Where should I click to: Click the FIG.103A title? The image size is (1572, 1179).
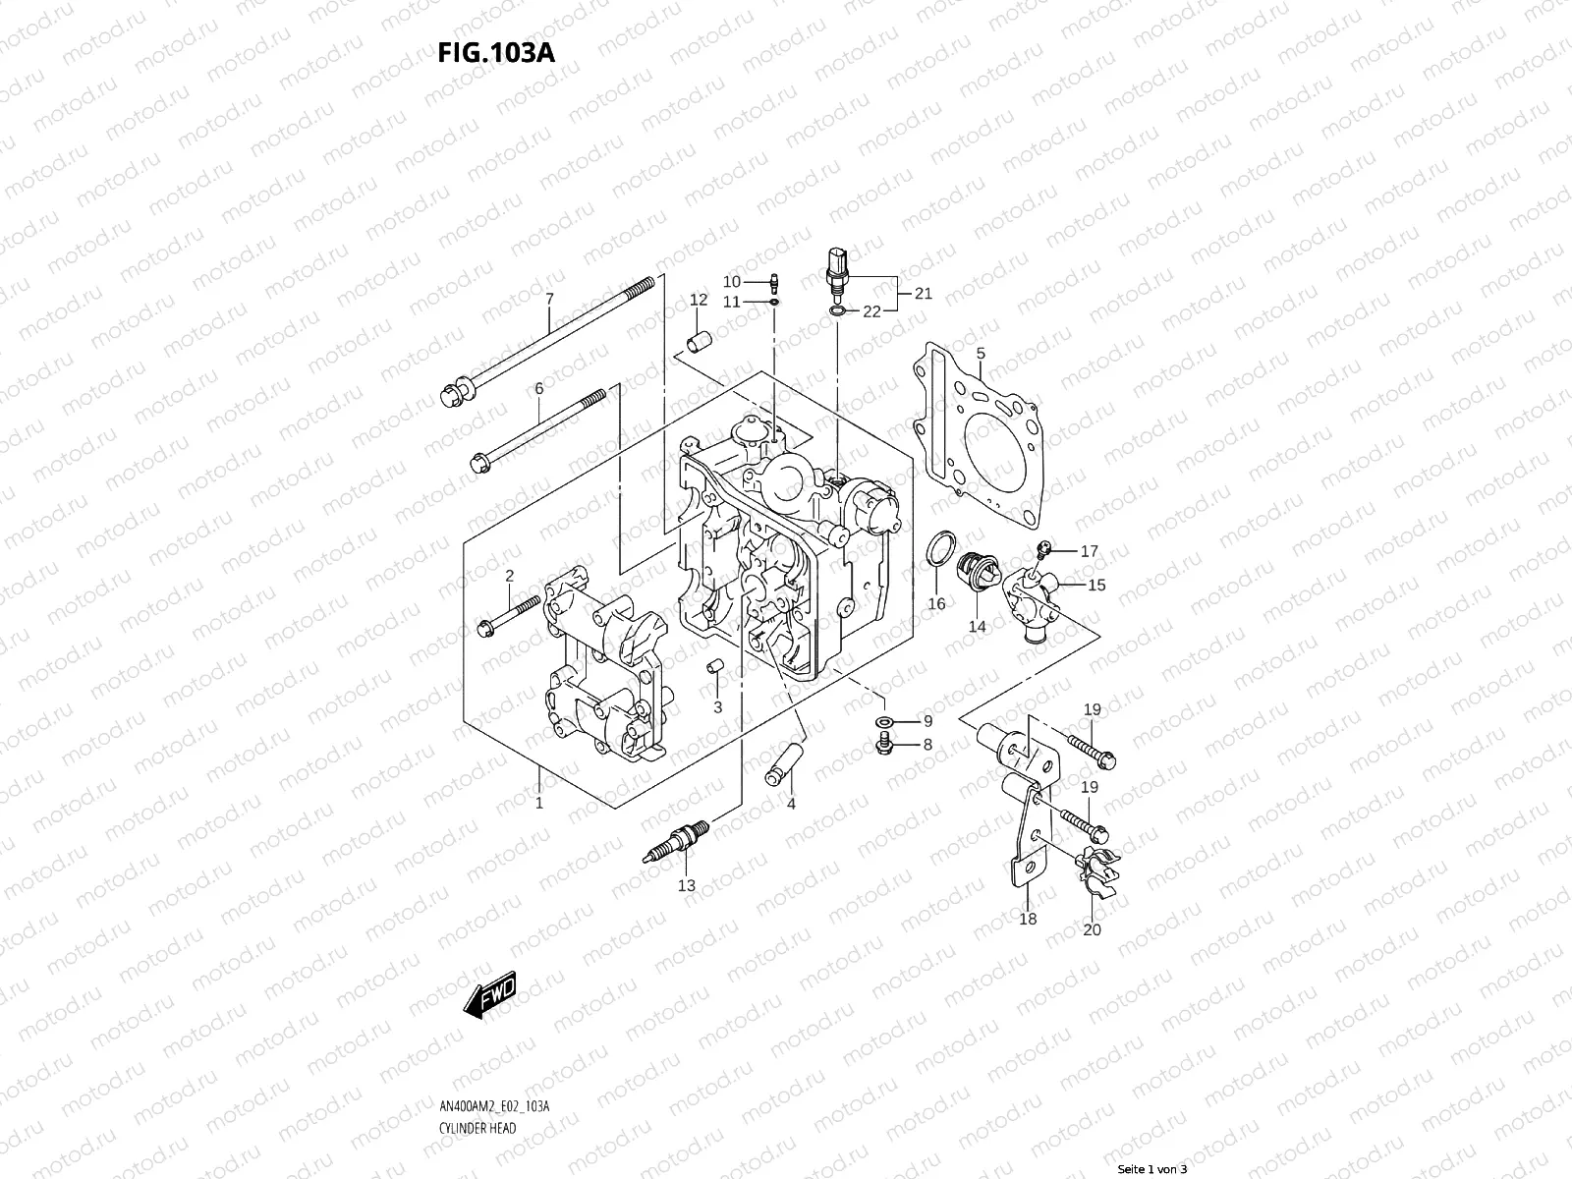coord(496,52)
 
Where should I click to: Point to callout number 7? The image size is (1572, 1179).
coord(549,299)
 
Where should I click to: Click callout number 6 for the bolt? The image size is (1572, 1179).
coord(539,389)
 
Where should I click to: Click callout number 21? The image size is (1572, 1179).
coord(924,293)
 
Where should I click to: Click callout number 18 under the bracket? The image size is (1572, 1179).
coord(1028,920)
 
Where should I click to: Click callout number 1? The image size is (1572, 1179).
coord(539,804)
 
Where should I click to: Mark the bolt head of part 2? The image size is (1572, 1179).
coord(484,627)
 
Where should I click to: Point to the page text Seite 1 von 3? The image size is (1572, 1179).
coord(1152,1170)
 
